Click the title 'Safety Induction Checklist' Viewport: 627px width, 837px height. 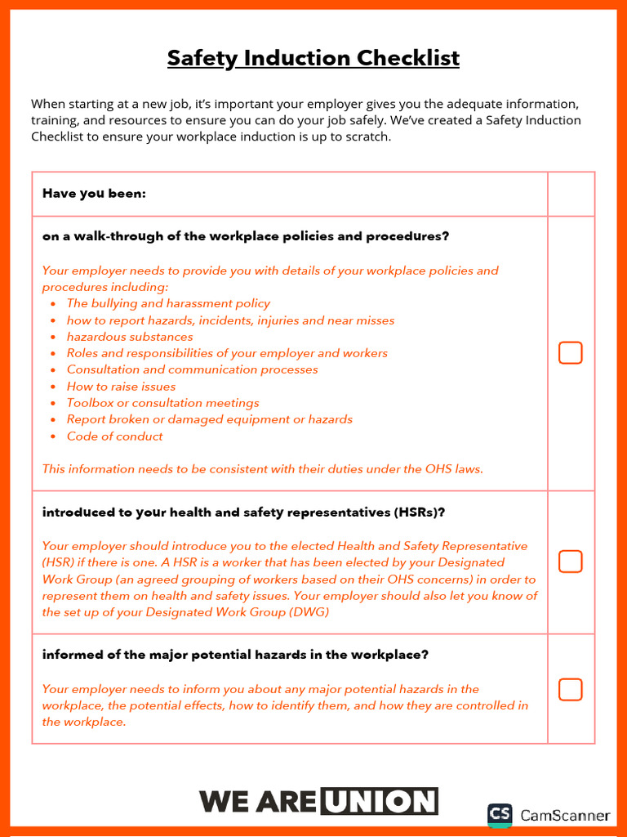(x=313, y=59)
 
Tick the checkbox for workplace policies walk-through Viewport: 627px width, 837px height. (x=570, y=353)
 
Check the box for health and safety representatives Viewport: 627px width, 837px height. (x=570, y=562)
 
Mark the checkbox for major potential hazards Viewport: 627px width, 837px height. (x=570, y=689)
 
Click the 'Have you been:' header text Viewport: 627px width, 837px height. (x=94, y=194)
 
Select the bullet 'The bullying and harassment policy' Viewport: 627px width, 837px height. (x=168, y=303)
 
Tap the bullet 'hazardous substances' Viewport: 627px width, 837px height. (x=130, y=337)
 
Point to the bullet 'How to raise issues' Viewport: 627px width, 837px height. (x=121, y=387)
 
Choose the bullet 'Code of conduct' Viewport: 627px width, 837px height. (x=114, y=436)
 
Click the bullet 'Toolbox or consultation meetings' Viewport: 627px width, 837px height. (x=162, y=403)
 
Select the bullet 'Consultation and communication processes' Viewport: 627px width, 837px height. (x=192, y=369)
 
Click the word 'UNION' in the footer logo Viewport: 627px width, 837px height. (x=379, y=802)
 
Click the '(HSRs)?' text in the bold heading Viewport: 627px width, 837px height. (x=419, y=513)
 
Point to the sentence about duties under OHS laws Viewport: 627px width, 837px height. (x=262, y=469)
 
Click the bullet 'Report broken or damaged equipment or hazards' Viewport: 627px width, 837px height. (x=210, y=419)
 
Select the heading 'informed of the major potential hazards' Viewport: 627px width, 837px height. (x=235, y=655)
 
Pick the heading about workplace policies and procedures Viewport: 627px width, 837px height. (x=245, y=236)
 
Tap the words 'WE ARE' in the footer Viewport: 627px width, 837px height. (x=257, y=802)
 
